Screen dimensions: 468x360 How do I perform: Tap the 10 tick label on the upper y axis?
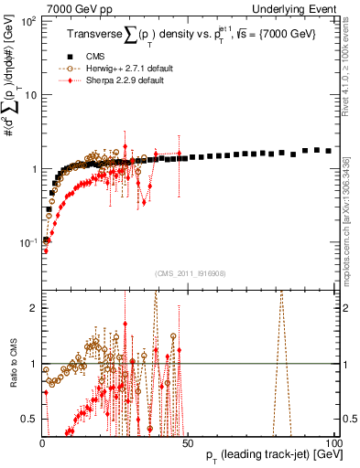(x=31, y=95)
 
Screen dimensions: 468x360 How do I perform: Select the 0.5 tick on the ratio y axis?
(x=29, y=420)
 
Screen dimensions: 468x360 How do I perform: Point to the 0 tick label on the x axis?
(x=42, y=443)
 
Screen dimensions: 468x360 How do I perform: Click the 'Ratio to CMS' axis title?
(x=12, y=363)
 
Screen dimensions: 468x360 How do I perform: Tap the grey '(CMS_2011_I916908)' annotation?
(x=189, y=272)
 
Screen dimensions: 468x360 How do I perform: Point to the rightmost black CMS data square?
(x=329, y=150)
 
